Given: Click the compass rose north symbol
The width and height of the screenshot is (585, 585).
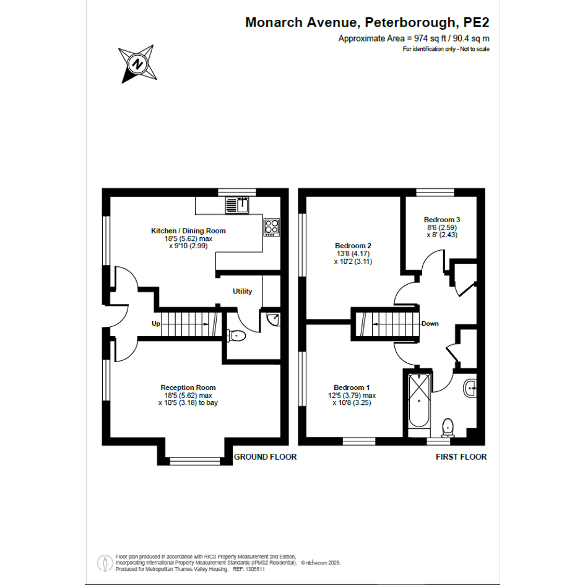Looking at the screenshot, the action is coord(137,64).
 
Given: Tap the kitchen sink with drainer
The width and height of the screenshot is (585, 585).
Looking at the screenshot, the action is coord(237,205).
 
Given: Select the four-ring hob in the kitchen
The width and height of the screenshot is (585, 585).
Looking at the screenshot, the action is coord(272,227).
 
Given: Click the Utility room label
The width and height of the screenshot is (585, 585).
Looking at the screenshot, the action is coord(242,292).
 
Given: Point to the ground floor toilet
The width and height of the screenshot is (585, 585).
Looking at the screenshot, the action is coord(236,336).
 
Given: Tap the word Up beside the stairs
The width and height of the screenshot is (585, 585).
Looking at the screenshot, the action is coord(156,324).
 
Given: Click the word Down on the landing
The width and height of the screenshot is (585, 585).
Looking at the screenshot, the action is coord(430,324).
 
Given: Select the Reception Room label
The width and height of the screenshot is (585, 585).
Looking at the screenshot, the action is coord(188,388).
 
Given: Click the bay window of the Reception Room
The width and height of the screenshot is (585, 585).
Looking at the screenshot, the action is coord(195,461).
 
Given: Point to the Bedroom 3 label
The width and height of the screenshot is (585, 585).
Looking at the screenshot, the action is coord(442,220).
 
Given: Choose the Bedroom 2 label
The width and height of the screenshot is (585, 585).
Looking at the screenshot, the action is coord(353,246).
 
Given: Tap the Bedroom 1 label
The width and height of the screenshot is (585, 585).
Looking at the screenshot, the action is coord(352,388).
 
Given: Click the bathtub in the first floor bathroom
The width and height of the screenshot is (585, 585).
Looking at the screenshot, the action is coord(419,401).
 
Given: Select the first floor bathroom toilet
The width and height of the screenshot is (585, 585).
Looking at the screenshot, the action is coord(448,428).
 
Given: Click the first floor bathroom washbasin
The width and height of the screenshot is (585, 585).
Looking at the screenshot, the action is coord(470,388).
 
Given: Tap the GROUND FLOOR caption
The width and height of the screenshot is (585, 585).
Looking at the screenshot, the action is coord(266,457).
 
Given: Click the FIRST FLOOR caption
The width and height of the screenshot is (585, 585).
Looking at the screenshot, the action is coord(461,457).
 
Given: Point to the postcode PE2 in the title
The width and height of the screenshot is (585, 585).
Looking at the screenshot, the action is coord(476,23).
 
